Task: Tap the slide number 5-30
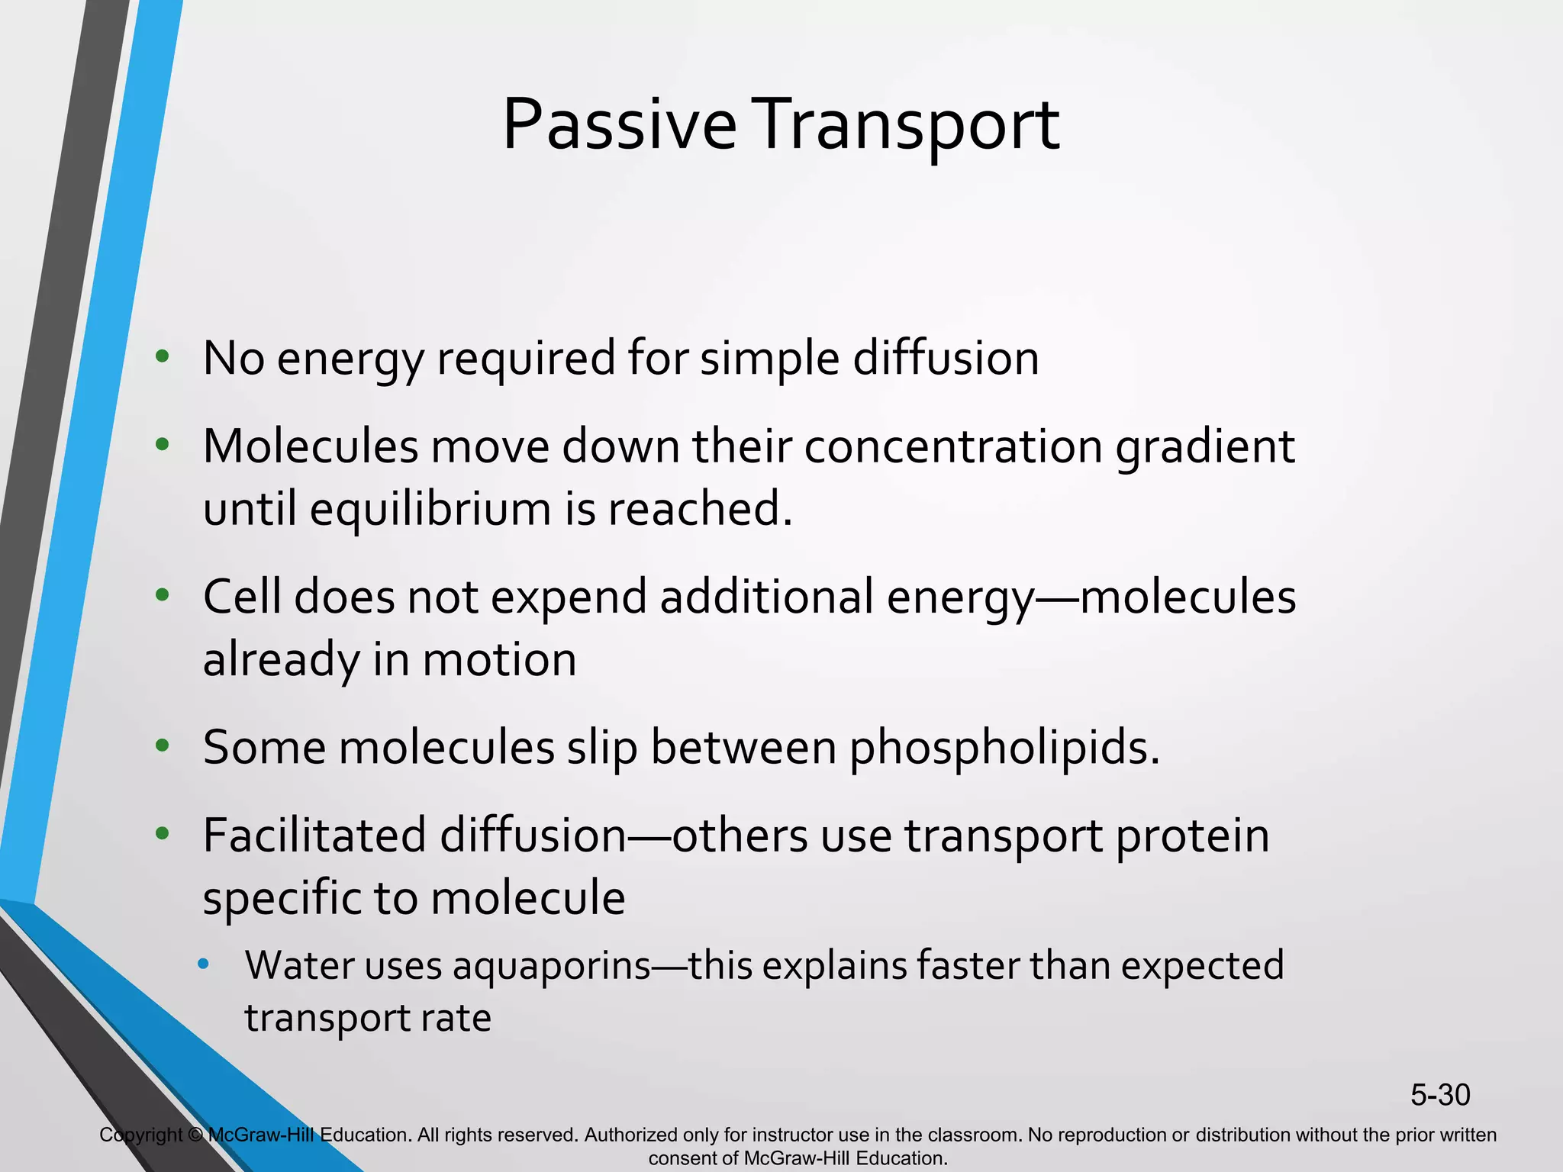click(x=1439, y=1095)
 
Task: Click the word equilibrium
click(x=430, y=509)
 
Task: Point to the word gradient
click(x=1205, y=446)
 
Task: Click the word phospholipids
click(x=1004, y=747)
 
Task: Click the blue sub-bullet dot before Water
click(x=202, y=964)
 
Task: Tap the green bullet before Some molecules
click(x=162, y=745)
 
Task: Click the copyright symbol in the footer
click(x=195, y=1135)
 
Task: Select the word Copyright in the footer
click(x=140, y=1135)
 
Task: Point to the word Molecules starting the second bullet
click(x=311, y=446)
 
